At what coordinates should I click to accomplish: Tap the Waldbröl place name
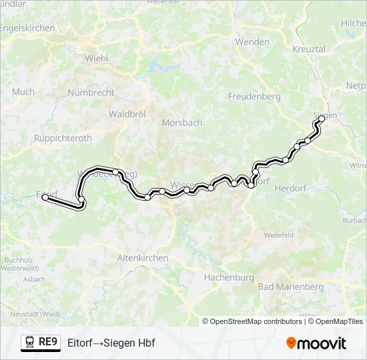tap(127, 115)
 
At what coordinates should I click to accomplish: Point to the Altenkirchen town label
tap(142, 257)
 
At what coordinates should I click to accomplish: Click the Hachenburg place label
tap(229, 277)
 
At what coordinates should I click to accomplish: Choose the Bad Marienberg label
tap(290, 287)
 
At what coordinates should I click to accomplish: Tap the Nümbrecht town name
tap(91, 93)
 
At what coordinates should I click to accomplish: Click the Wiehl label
tap(97, 58)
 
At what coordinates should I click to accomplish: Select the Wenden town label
tap(252, 42)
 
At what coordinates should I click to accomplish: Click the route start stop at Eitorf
tap(45, 197)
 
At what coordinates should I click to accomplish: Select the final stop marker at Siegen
tap(322, 118)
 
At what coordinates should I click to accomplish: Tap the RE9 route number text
tap(48, 343)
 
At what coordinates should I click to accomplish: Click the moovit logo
tap(316, 343)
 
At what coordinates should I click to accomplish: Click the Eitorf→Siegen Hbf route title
tap(111, 343)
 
